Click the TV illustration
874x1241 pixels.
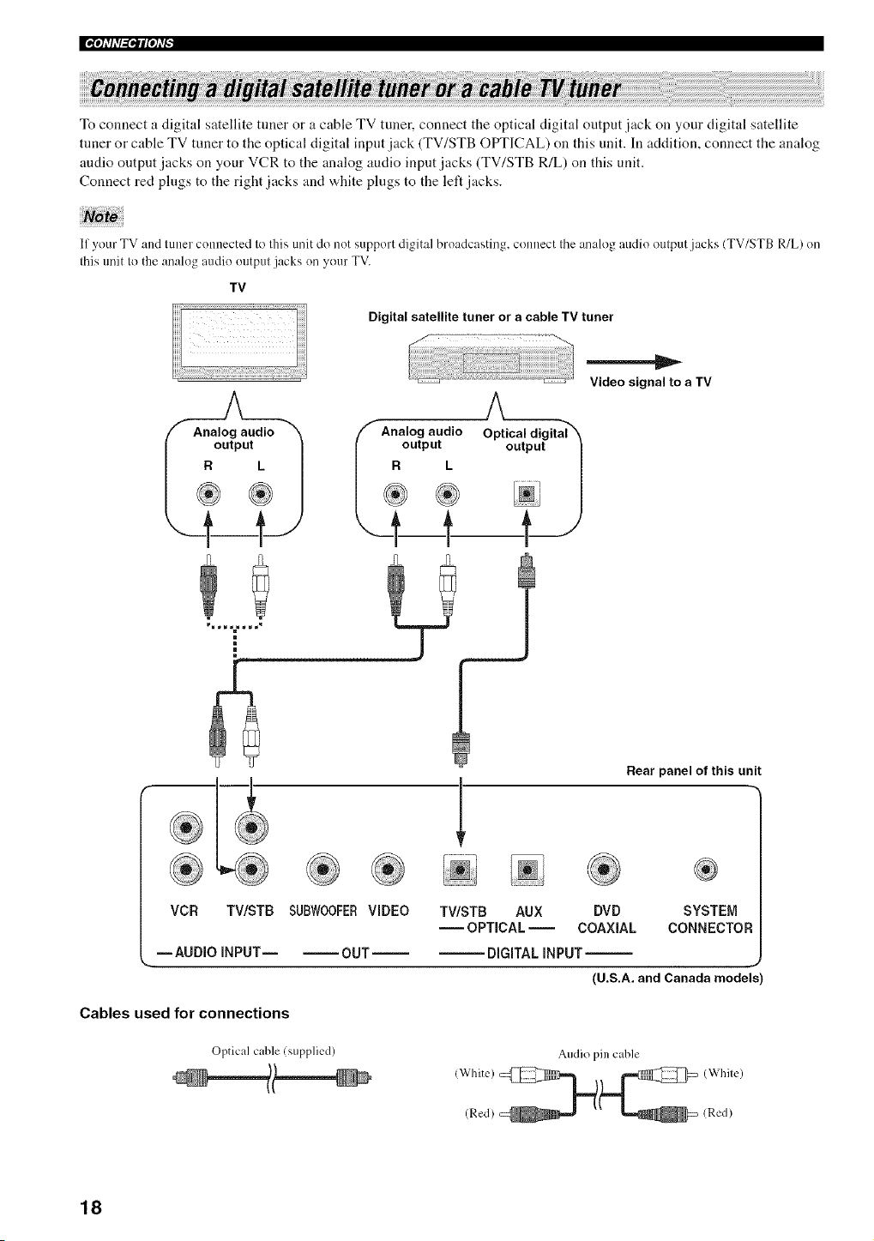(x=239, y=343)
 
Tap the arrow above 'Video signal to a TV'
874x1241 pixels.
(x=634, y=362)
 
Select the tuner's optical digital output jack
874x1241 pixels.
(x=527, y=494)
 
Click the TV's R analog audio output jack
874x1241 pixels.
(x=208, y=493)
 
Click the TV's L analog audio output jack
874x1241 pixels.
(x=261, y=493)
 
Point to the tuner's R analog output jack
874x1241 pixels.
(x=395, y=493)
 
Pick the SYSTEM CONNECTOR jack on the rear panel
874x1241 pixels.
(x=706, y=870)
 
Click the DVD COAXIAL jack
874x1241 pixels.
(x=605, y=870)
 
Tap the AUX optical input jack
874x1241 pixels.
(x=527, y=870)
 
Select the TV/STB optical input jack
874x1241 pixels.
(x=460, y=870)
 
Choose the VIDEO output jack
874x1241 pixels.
(x=388, y=870)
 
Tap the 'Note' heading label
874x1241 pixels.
(x=101, y=216)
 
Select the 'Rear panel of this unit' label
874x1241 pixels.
(x=693, y=771)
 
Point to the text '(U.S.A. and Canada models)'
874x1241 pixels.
(x=678, y=978)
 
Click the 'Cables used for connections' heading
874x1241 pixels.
(x=184, y=1014)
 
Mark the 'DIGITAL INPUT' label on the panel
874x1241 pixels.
(x=534, y=953)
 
